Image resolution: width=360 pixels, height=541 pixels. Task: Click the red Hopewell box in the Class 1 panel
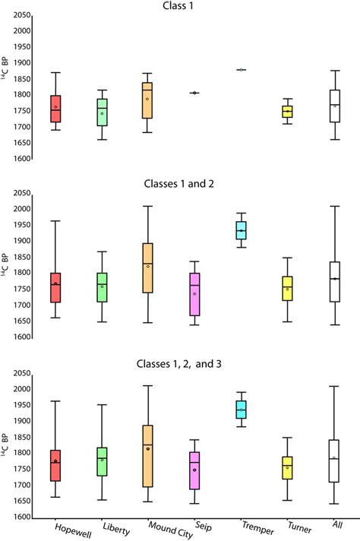point(55,109)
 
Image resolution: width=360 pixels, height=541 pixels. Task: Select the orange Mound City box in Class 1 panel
point(147,100)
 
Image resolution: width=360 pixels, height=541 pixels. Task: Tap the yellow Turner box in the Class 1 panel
point(286,112)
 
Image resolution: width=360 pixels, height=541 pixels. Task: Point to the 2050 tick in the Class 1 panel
point(21,15)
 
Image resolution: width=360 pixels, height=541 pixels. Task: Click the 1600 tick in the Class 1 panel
point(21,159)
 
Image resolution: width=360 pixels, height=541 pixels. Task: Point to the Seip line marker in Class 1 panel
point(194,93)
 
